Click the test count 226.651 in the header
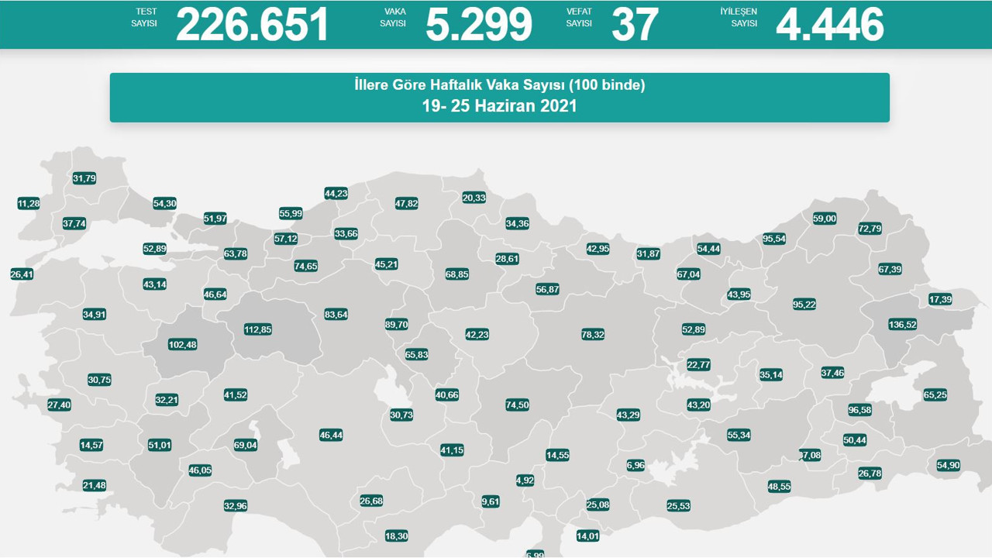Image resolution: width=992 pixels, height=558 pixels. coord(253,24)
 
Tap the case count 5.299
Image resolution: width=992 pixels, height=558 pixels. coord(478,24)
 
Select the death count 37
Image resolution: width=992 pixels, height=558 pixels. coord(635,24)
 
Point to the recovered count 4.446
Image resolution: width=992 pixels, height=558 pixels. coord(829,24)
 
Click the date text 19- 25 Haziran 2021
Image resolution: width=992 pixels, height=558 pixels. coord(499,106)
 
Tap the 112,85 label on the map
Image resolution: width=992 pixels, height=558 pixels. coord(257,329)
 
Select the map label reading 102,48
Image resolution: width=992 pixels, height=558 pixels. coord(182,345)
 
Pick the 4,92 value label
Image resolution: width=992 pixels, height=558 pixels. coord(525,480)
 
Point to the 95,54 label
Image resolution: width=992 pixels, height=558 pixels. coord(773,239)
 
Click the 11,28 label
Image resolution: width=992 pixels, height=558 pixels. coord(28,204)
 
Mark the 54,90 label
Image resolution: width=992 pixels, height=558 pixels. coord(948,466)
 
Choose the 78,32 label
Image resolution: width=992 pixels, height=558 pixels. coord(592,335)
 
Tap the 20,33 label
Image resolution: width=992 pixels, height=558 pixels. coord(474,198)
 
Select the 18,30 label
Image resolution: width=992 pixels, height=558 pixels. coord(396,536)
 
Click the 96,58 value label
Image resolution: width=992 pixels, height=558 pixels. coord(859,410)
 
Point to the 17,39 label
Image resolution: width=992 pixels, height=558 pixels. coord(940,299)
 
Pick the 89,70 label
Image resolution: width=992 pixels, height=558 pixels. coord(396,325)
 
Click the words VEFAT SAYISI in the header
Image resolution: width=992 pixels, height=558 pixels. coord(579,18)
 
